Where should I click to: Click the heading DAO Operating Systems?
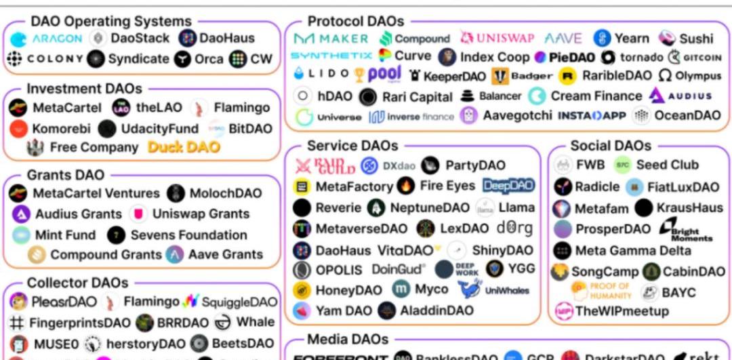[x=111, y=22]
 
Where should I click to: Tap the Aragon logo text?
[x=57, y=39]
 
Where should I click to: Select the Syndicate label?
[x=138, y=59]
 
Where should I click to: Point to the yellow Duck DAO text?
[x=184, y=147]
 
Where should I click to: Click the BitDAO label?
[x=251, y=128]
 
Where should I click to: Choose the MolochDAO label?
[x=225, y=193]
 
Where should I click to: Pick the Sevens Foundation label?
[x=188, y=235]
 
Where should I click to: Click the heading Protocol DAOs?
[x=356, y=22]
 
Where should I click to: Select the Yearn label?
[x=632, y=39]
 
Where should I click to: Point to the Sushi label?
[x=696, y=39]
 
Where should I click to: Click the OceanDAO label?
[x=687, y=115]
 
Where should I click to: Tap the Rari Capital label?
[x=417, y=97]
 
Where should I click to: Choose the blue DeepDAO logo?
[x=508, y=186]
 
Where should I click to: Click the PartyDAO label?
[x=475, y=165]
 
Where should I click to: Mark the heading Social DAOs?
[x=610, y=146]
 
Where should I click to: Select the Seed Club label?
[x=667, y=165]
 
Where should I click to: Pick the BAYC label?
[x=678, y=293]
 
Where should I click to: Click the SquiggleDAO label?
[x=239, y=302]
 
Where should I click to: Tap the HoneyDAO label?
[x=348, y=290]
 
